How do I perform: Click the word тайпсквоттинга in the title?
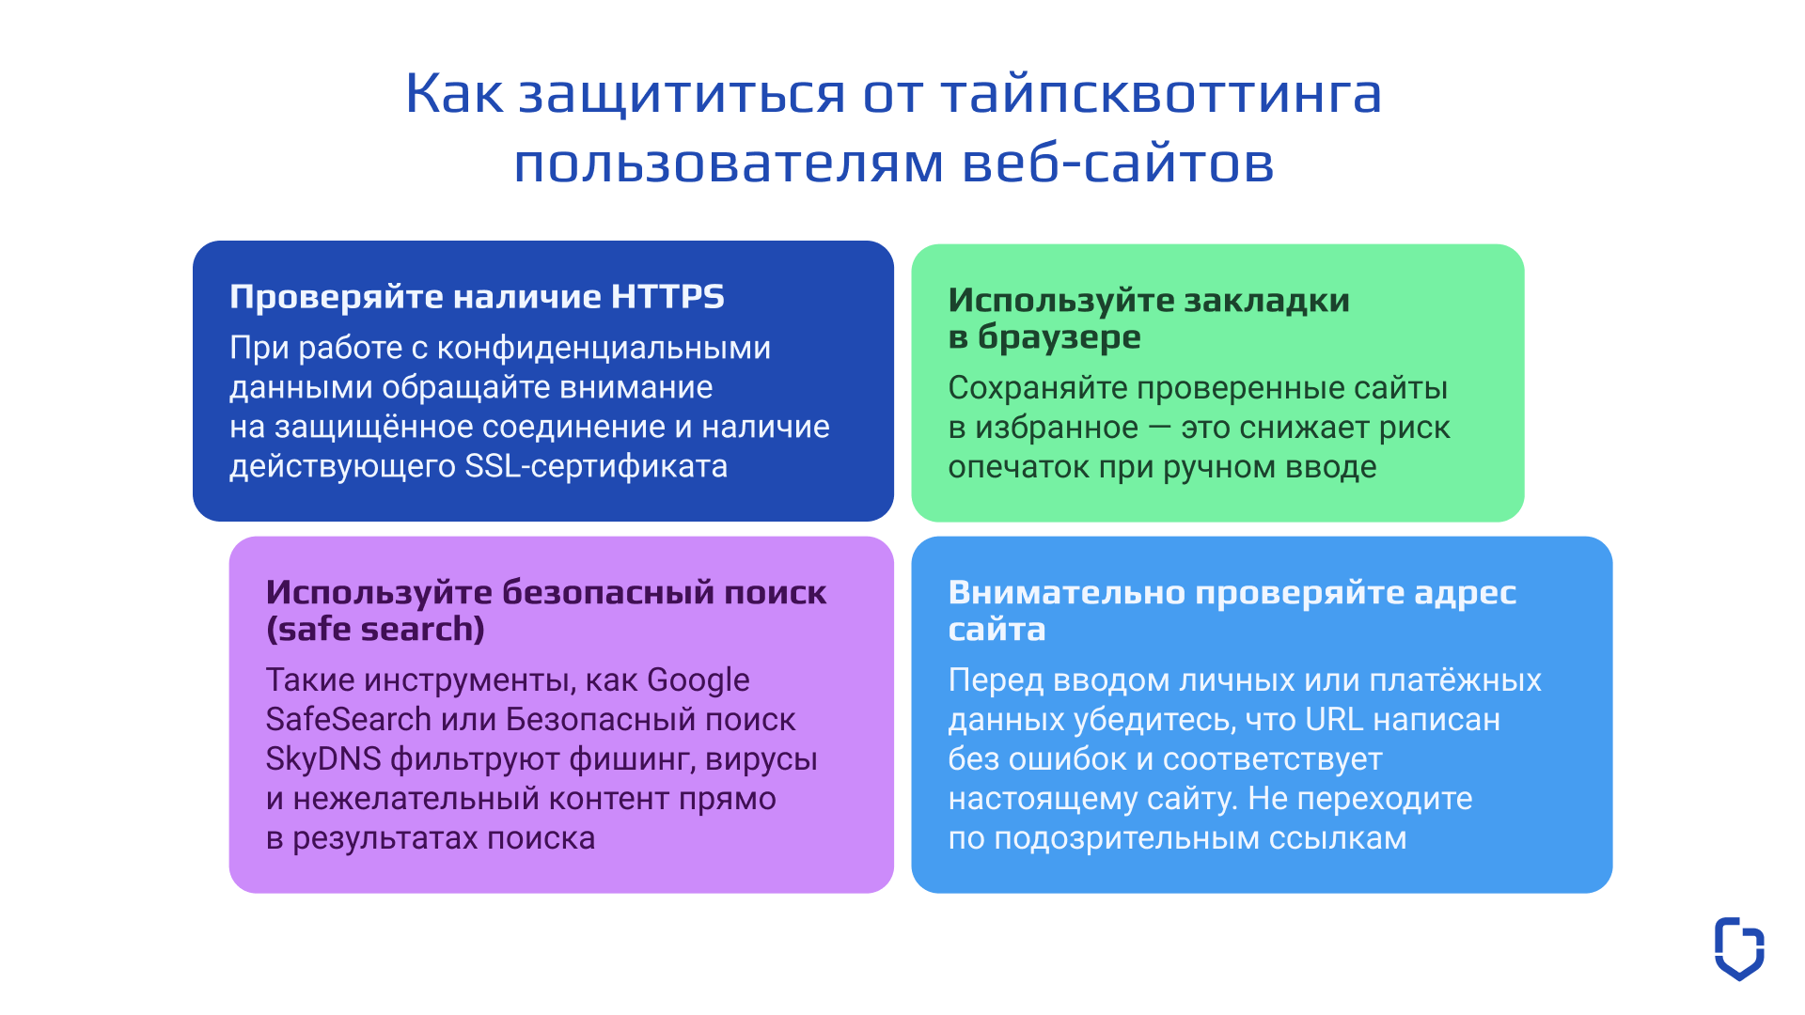coord(1161,95)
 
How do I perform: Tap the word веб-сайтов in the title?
coord(1118,164)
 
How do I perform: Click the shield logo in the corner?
coord(1738,948)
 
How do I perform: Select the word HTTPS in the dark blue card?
coord(667,297)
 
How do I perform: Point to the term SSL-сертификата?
coord(596,467)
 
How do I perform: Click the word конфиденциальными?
coord(604,349)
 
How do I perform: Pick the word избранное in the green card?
coord(1056,429)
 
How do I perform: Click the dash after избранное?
coord(1160,429)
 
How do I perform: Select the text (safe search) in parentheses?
coord(375,630)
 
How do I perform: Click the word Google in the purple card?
coord(698,680)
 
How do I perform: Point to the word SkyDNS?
coord(322,759)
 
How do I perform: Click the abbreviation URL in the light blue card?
coord(1333,720)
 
